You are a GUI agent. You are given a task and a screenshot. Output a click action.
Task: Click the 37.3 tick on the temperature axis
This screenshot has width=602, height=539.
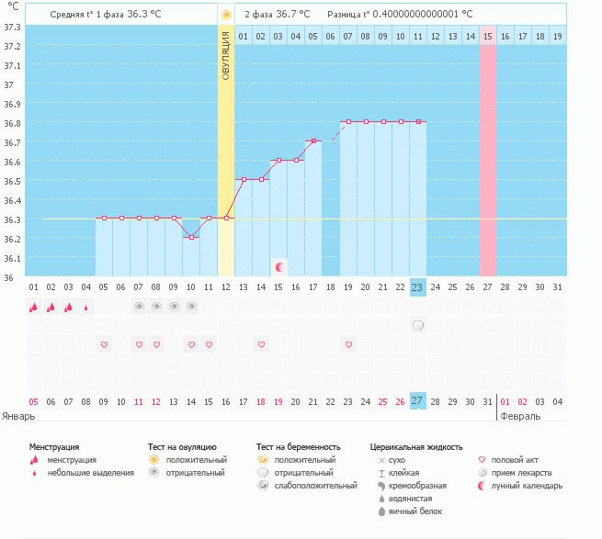tap(12, 27)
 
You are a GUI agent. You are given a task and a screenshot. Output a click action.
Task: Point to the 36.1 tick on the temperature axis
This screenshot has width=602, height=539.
tap(12, 258)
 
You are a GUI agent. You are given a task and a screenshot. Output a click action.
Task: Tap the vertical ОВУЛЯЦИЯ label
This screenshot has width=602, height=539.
tap(226, 56)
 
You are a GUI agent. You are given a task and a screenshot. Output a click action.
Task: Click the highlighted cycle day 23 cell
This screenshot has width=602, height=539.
tap(418, 286)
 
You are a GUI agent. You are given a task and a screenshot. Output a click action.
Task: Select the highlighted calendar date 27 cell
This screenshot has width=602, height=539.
tap(418, 401)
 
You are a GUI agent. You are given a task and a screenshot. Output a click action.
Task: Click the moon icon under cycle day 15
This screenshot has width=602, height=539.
tap(278, 267)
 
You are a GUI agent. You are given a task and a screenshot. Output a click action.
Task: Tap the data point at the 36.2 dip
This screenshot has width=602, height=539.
tap(191, 237)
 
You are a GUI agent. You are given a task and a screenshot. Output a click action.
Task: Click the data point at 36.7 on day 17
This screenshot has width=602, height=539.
tap(313, 141)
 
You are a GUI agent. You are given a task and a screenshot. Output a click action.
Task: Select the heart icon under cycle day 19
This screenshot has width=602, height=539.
tap(348, 344)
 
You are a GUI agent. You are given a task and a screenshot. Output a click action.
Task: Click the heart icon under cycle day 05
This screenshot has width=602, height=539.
tap(104, 344)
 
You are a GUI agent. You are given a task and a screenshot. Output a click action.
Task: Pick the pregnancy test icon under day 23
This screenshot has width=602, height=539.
tap(418, 325)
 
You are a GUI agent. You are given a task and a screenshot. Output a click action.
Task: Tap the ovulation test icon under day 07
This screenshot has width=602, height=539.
tap(139, 307)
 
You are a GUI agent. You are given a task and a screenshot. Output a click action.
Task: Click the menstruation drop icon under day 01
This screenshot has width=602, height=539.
tap(33, 308)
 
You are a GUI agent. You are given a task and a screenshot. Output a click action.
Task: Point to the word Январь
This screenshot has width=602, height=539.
tap(19, 416)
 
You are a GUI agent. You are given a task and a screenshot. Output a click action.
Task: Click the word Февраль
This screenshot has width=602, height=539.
tap(521, 416)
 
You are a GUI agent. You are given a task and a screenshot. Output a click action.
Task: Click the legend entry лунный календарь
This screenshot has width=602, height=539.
tap(527, 486)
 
